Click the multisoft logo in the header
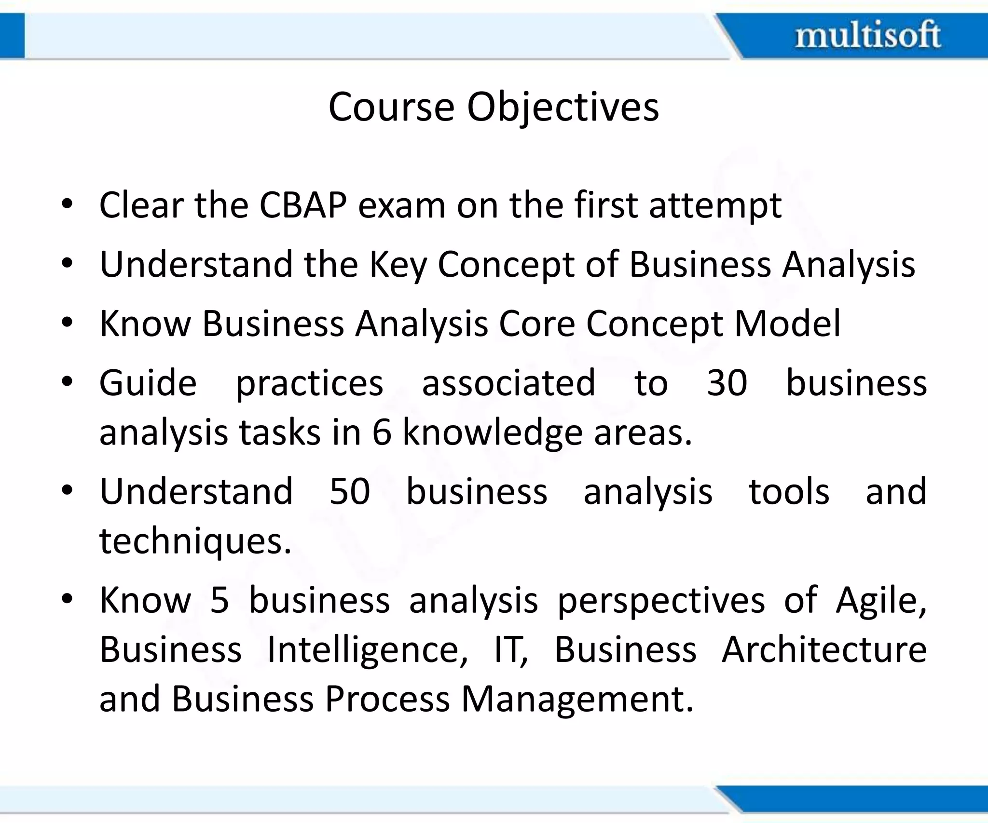point(867,35)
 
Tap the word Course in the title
point(391,107)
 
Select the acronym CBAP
point(303,205)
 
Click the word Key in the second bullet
point(398,266)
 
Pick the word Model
point(787,324)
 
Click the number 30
point(727,383)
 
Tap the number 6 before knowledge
point(382,432)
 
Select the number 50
point(350,492)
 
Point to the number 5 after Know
point(220,601)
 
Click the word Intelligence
point(367,650)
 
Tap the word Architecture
point(824,649)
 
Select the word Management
point(577,700)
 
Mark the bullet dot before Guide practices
point(67,382)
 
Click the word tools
point(789,492)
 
